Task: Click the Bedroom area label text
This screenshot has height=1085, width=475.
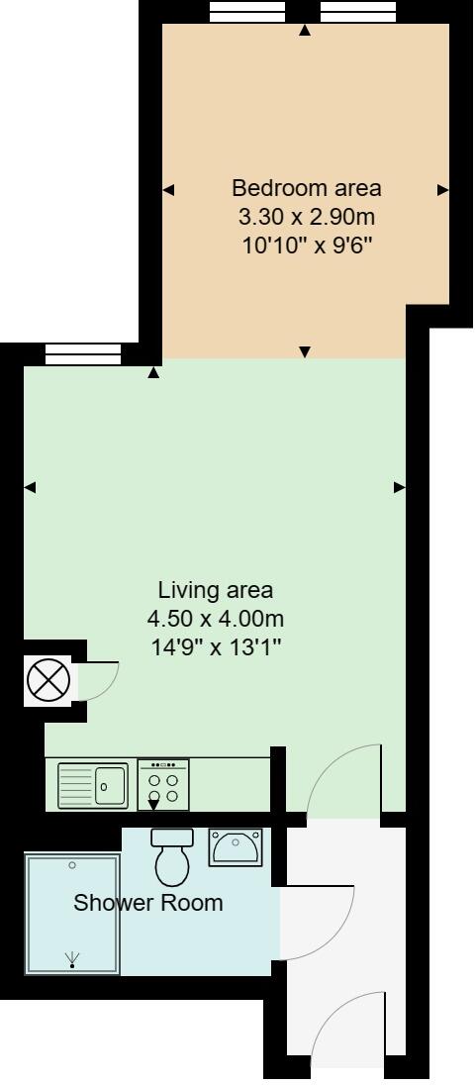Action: (x=306, y=187)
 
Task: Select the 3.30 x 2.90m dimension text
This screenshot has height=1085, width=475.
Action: (x=306, y=216)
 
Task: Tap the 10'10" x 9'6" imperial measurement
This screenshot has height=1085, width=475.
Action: (x=306, y=244)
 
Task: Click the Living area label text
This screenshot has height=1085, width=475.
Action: (x=215, y=590)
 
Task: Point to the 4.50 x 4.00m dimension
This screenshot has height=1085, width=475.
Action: (x=215, y=619)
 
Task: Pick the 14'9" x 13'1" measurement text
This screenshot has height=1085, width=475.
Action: (x=215, y=647)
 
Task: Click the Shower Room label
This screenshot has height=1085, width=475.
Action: (x=148, y=903)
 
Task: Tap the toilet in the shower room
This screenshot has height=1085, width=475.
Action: (x=173, y=856)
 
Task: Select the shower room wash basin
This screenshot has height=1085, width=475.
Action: (x=235, y=847)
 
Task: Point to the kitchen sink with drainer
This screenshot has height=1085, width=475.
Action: (x=93, y=786)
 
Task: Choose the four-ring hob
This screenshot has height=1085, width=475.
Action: (x=163, y=785)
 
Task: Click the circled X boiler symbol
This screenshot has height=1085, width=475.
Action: (x=47, y=681)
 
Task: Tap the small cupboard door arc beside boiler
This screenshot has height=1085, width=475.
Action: (x=99, y=681)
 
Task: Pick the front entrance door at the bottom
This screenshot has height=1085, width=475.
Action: (x=346, y=1035)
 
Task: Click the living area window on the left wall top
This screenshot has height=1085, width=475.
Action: (x=83, y=353)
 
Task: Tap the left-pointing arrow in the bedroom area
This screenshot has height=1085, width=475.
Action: (x=168, y=190)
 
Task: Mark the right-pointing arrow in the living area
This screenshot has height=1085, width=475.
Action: (x=400, y=486)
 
